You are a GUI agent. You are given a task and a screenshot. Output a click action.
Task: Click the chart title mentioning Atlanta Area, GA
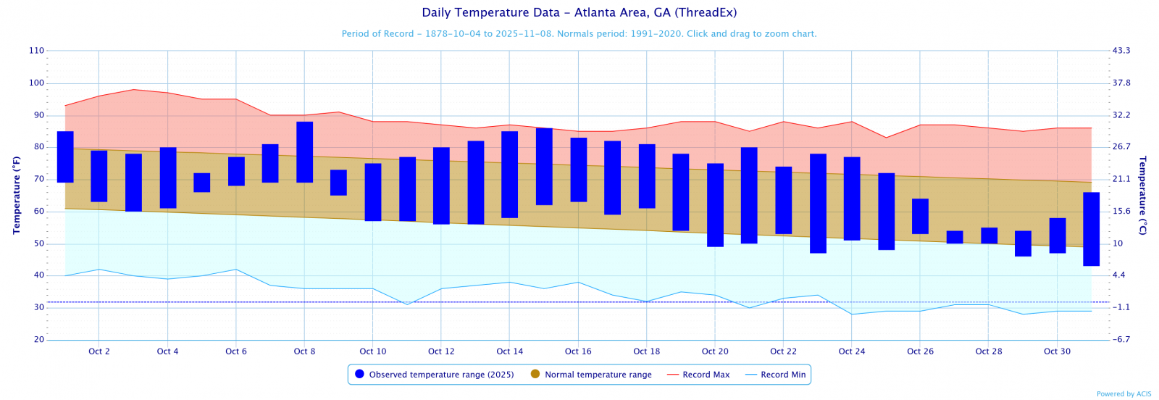(579, 13)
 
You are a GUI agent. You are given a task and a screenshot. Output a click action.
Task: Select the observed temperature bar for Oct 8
(305, 152)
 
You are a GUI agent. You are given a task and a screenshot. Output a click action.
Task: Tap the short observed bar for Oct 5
(202, 183)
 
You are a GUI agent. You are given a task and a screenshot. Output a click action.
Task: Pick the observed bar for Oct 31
(1091, 229)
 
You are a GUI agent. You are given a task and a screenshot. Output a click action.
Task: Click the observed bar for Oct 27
(955, 237)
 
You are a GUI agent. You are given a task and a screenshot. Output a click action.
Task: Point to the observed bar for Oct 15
(544, 167)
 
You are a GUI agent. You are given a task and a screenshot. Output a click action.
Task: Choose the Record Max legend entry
(698, 375)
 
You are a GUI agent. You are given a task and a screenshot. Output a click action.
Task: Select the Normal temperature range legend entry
(591, 375)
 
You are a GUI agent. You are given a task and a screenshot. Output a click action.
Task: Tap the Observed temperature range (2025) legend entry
(434, 375)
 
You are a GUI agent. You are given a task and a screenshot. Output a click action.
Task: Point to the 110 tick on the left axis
(36, 51)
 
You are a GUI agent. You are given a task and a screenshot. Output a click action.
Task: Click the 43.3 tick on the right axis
(1121, 51)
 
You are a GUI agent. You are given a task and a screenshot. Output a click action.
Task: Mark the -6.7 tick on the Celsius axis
(1121, 340)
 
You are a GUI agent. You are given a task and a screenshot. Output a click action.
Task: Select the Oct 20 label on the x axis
(715, 351)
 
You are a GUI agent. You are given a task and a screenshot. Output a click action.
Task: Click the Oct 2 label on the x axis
(99, 351)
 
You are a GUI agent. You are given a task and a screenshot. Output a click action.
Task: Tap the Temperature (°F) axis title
(17, 195)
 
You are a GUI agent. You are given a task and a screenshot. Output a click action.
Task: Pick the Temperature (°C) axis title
(1142, 195)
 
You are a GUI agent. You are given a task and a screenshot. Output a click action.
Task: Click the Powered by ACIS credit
(1124, 394)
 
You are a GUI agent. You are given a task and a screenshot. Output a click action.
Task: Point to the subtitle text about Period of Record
(579, 34)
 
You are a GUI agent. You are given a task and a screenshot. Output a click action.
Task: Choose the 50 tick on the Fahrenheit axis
(38, 244)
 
